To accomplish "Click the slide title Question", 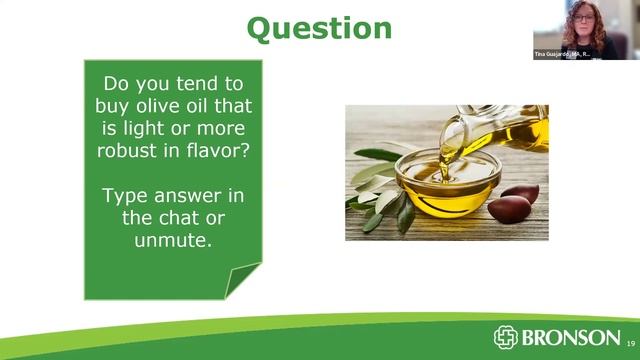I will coord(319,27).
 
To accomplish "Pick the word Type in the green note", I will coord(123,193).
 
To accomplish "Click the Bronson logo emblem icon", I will coord(506,337).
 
